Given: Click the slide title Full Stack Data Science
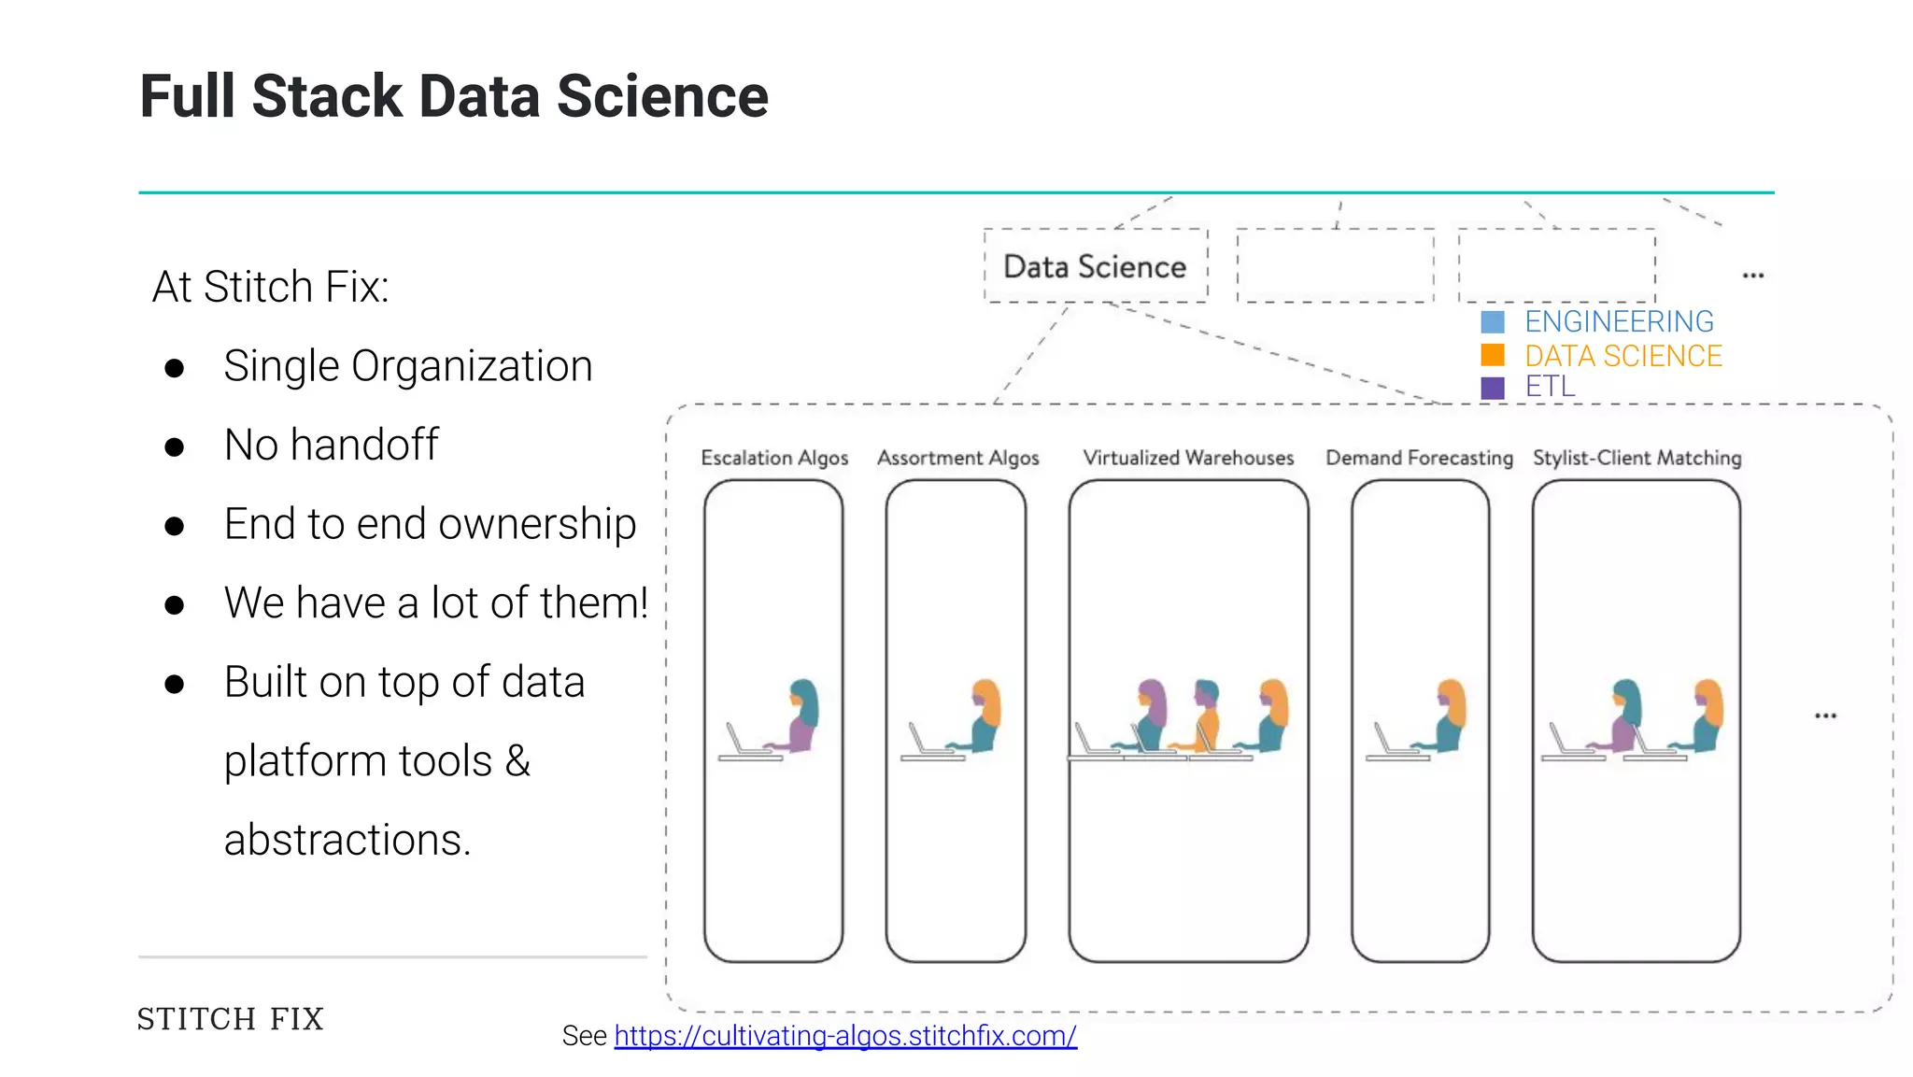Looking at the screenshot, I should pos(454,96).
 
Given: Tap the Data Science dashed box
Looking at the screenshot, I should pos(1095,266).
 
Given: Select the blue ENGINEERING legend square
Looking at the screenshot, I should pos(1493,322).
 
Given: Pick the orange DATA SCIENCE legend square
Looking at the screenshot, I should pos(1493,356).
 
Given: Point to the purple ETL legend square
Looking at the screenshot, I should pos(1493,388).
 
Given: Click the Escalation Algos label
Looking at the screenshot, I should pos(774,458).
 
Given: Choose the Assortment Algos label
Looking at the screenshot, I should pos(957,458).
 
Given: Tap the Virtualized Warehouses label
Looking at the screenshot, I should pos(1188,458).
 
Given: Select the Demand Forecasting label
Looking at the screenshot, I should pos(1419,458).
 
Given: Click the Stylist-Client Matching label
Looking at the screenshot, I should pos(1637,458).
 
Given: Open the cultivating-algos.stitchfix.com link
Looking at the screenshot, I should pos(845,1036).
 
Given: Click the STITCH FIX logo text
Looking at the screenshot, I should pos(231,1018).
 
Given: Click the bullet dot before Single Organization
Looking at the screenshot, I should pos(174,368).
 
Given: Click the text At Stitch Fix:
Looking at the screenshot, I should pos(270,287).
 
